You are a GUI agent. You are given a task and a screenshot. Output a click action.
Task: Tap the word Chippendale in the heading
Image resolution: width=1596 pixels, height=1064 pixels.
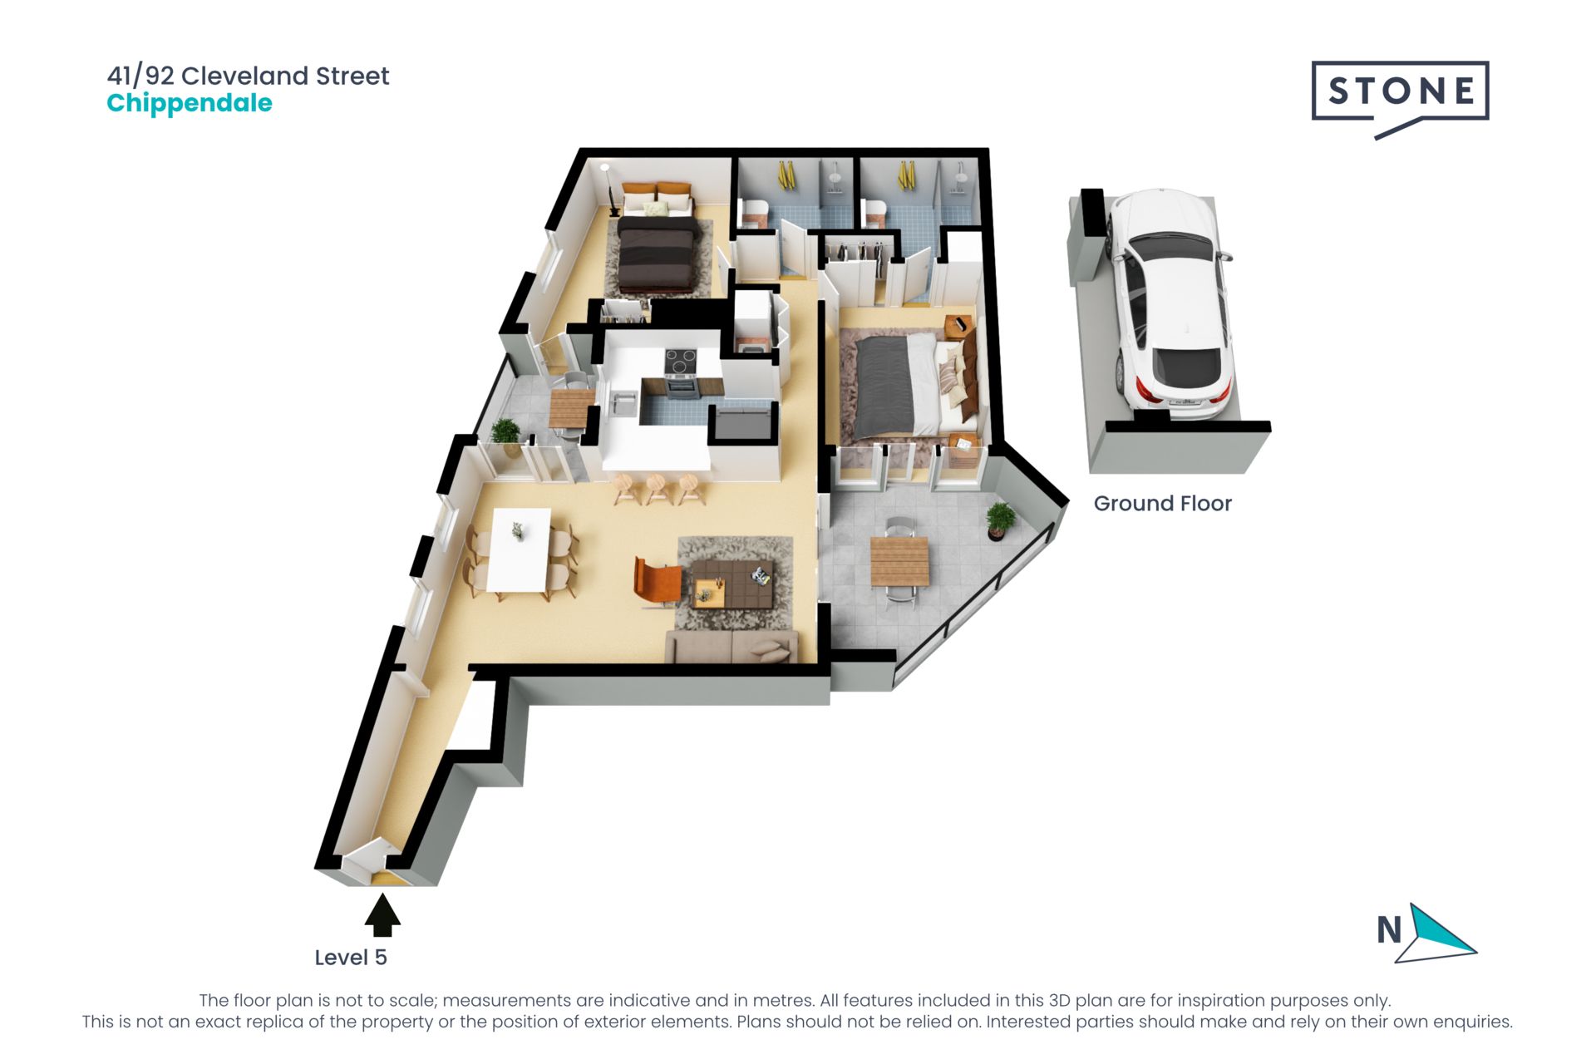click(x=190, y=104)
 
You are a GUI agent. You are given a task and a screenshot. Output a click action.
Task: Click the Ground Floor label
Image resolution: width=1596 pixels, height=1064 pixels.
click(x=1162, y=503)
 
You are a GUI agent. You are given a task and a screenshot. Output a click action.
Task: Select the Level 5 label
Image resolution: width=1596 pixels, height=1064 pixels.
click(x=351, y=958)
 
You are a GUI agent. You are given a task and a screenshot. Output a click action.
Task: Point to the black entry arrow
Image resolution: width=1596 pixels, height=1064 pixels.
click(x=382, y=914)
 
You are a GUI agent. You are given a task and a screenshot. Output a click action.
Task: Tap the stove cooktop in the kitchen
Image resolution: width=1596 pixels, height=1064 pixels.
click(x=681, y=362)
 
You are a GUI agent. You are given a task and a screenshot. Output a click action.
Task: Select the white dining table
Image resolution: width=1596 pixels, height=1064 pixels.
click(x=520, y=549)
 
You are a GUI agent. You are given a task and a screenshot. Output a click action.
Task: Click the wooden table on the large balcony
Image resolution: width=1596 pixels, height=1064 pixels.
click(x=899, y=562)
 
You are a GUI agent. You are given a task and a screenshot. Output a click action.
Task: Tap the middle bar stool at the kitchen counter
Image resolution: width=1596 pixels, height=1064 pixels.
click(x=658, y=489)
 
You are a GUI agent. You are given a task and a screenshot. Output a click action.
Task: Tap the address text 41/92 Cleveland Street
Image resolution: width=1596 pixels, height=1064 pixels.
click(x=248, y=76)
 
